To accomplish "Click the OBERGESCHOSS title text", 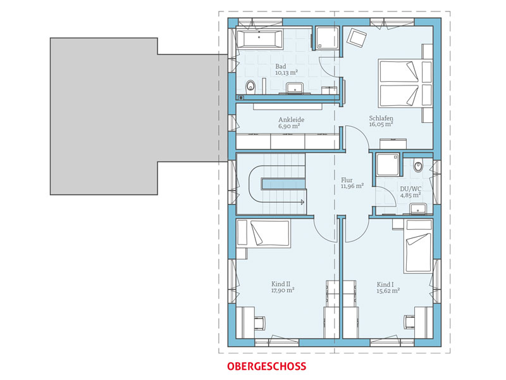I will tap(266, 366).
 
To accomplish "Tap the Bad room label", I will tap(280, 65).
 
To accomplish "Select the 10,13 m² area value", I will tap(286, 72).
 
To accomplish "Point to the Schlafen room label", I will tap(382, 118).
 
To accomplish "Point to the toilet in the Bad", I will tap(249, 86).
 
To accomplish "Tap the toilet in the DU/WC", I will tap(417, 166).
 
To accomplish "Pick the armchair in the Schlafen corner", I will tap(357, 37).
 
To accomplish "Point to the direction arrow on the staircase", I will tap(302, 202).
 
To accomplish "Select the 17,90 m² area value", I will tap(283, 291).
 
